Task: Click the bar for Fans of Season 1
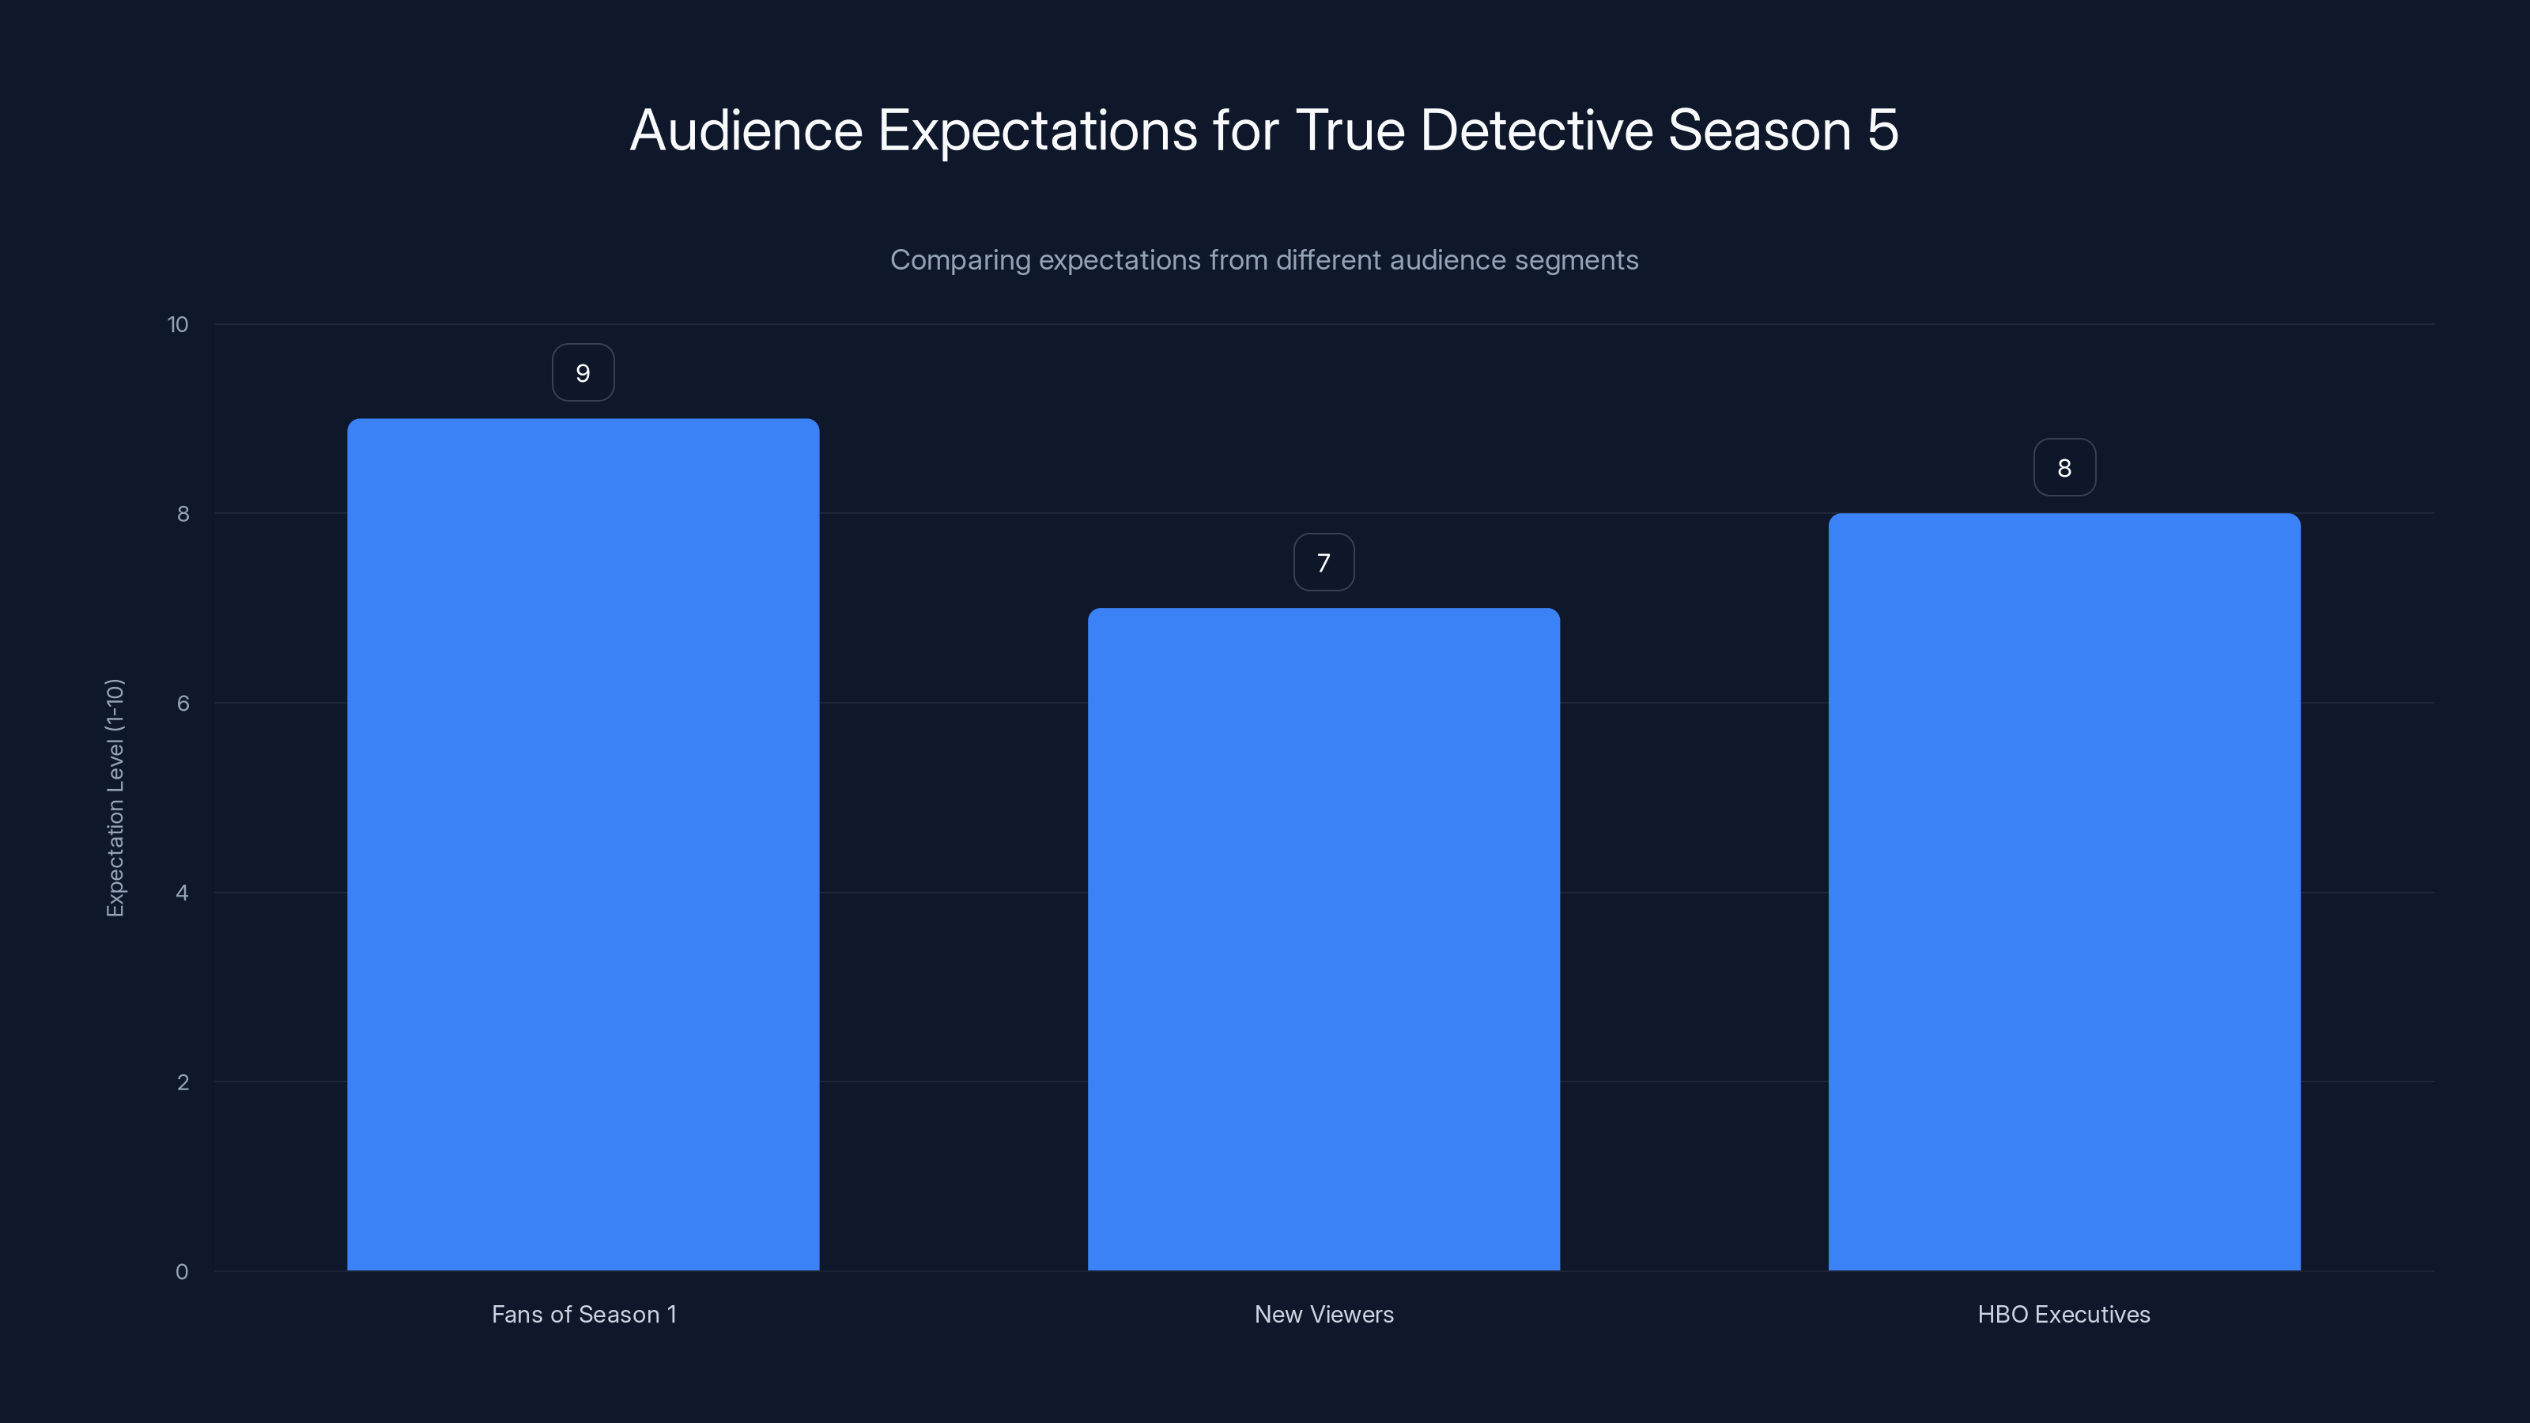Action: coord(583,844)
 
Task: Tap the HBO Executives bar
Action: coord(2064,892)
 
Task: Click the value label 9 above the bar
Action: coord(583,373)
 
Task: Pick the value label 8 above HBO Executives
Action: coord(2064,469)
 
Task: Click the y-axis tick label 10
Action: coord(178,325)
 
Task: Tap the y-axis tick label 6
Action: coord(183,703)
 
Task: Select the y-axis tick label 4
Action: coord(183,893)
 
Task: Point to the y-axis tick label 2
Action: coord(183,1082)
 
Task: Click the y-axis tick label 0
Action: coord(182,1272)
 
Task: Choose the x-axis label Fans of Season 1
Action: coord(583,1314)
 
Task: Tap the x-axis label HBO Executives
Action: coord(2064,1314)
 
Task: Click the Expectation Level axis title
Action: coord(115,798)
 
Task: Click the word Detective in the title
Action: coord(1536,130)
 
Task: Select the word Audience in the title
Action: coord(746,130)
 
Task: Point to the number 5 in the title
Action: coord(1882,130)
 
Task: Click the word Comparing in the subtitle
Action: coord(960,260)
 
